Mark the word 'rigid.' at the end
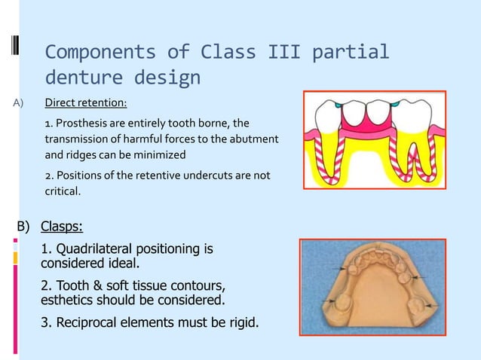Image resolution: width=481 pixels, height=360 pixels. click(240, 323)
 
